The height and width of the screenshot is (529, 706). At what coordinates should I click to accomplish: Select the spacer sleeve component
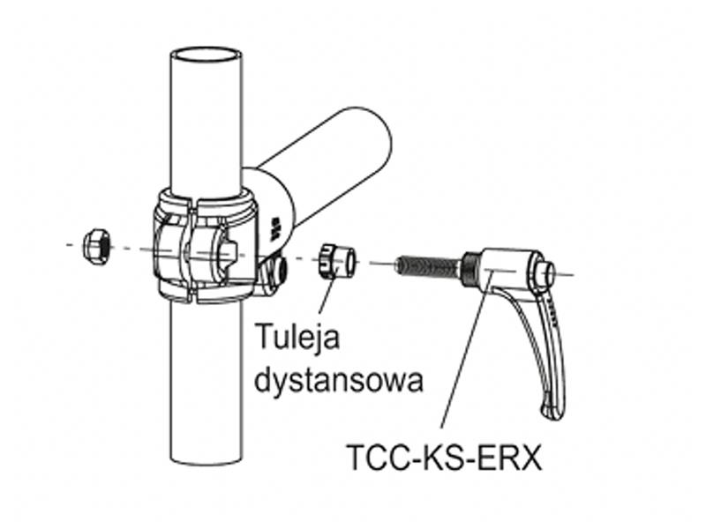338,261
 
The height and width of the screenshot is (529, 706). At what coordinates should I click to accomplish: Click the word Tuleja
297,337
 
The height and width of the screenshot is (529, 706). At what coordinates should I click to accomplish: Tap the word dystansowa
339,381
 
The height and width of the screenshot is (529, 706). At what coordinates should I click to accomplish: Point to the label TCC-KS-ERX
444,458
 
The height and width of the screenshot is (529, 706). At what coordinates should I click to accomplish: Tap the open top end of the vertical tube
207,54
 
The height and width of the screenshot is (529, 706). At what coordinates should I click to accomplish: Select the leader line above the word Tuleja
327,296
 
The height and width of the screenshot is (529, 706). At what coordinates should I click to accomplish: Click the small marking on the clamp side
274,228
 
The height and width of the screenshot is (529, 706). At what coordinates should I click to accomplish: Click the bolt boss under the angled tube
274,272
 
